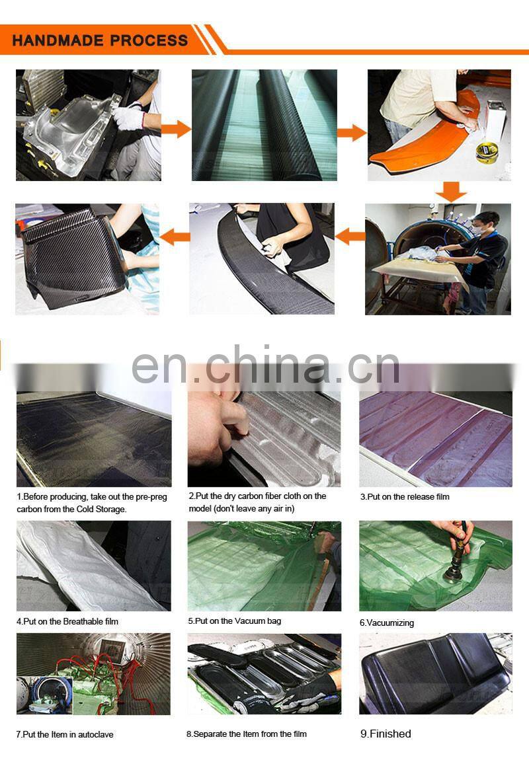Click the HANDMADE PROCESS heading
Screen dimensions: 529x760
click(x=100, y=40)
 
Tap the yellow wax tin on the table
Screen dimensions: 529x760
click(x=487, y=153)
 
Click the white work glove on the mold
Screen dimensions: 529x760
click(x=128, y=117)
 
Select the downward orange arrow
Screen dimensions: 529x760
click(x=451, y=192)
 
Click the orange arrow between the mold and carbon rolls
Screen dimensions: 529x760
click(x=176, y=130)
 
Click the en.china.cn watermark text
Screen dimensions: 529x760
click(x=266, y=364)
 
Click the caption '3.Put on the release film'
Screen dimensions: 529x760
click(x=405, y=497)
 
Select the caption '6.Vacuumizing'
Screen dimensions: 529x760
click(x=387, y=623)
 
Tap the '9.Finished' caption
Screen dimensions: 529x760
click(x=386, y=734)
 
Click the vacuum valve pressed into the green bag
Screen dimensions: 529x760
click(x=456, y=562)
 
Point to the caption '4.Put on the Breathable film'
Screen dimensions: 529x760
click(x=67, y=621)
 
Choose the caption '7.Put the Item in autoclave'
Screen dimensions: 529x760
click(x=65, y=734)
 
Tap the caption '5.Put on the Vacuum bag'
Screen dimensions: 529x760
click(x=235, y=621)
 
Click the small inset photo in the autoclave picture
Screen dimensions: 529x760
click(x=44, y=695)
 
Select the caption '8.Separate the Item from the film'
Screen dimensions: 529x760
click(x=247, y=734)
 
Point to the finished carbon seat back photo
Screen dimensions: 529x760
click(x=435, y=673)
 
